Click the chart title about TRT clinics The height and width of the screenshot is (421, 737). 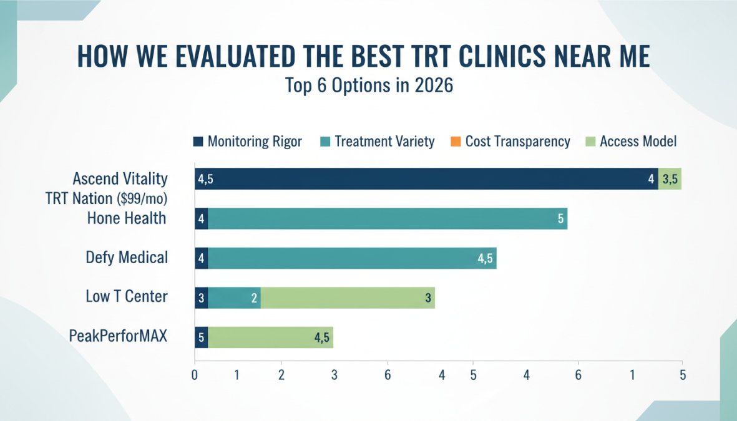click(x=363, y=57)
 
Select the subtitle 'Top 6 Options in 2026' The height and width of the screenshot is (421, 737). click(x=369, y=85)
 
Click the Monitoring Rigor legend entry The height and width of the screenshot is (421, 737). click(x=248, y=142)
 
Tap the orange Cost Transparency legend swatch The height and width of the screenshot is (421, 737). click(x=454, y=142)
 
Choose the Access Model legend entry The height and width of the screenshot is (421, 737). click(x=631, y=142)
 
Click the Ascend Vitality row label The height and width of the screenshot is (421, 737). click(x=120, y=179)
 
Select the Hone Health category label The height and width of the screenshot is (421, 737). click(x=127, y=218)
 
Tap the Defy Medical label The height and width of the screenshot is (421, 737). click(x=127, y=257)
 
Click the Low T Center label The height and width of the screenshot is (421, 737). click(x=127, y=296)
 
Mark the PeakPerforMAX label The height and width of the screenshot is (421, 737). click(x=119, y=336)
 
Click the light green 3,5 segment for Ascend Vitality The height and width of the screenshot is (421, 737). click(x=670, y=179)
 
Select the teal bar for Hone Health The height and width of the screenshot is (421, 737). click(x=387, y=218)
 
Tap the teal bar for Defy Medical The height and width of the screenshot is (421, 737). click(x=351, y=258)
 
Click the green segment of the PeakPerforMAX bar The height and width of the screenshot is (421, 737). click(x=270, y=337)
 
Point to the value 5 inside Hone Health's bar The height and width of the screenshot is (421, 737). click(x=560, y=219)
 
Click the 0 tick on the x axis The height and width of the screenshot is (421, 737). click(x=195, y=375)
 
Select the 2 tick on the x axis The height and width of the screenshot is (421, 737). click(x=281, y=375)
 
